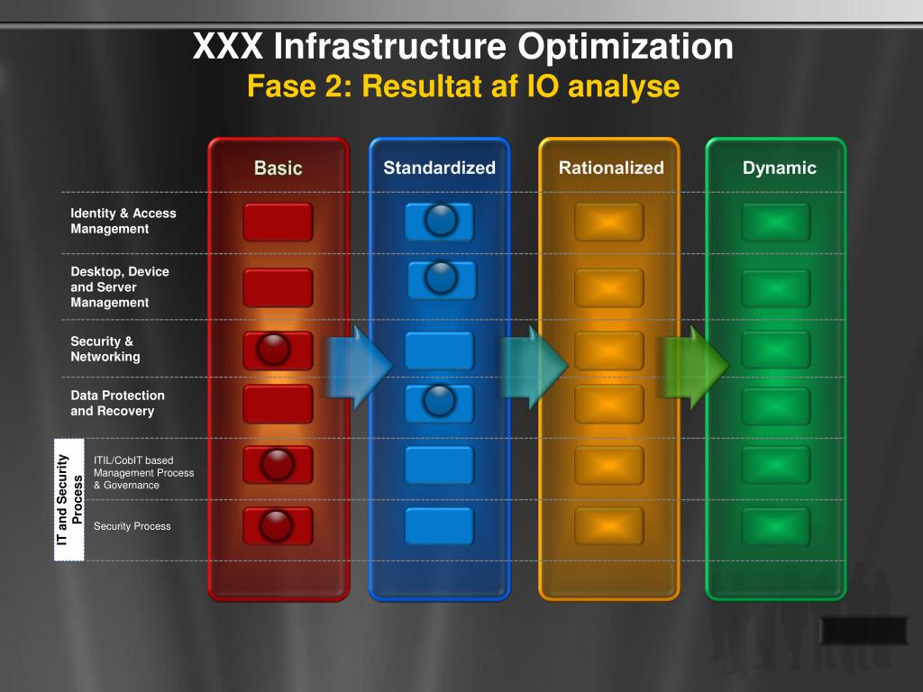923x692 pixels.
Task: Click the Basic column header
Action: click(278, 168)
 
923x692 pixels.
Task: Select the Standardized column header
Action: click(439, 168)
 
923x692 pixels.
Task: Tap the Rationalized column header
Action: click(610, 168)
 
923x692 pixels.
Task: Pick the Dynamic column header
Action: click(779, 168)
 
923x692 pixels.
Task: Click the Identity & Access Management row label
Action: click(123, 221)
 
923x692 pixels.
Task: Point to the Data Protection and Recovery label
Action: click(117, 403)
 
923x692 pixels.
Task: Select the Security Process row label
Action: click(132, 526)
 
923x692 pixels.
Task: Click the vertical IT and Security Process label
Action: click(69, 499)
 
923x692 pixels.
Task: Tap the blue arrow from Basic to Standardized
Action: click(359, 366)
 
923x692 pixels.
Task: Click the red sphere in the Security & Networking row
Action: click(273, 349)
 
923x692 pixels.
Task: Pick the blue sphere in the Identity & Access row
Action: click(441, 219)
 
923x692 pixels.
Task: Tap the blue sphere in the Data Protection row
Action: click(440, 399)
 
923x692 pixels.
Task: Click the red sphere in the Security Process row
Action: click(276, 524)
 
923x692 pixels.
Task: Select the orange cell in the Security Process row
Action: click(609, 526)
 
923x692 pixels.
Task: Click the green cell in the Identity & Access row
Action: click(775, 222)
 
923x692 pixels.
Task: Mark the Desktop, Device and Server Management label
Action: click(119, 287)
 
